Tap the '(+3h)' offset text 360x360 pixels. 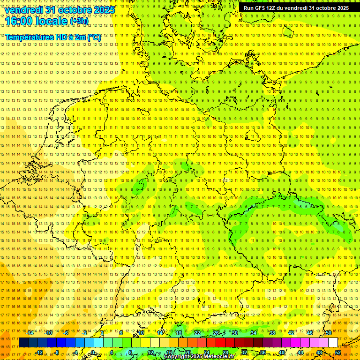tap(79, 21)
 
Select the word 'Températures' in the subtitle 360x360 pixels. tap(27, 37)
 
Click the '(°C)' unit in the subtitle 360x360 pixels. tap(94, 37)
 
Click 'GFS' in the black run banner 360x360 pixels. tap(262, 8)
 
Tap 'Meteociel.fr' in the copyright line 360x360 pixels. tap(218, 357)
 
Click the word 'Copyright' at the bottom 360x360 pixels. tap(177, 357)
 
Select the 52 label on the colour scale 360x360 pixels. tap(337, 352)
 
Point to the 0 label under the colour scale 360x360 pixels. tap(93, 352)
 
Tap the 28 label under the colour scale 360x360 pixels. tap(225, 352)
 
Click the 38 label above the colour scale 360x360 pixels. tap(272, 333)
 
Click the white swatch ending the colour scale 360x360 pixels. tap(333, 343)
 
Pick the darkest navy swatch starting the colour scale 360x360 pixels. tap(23, 343)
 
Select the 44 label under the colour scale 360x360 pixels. tap(300, 352)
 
